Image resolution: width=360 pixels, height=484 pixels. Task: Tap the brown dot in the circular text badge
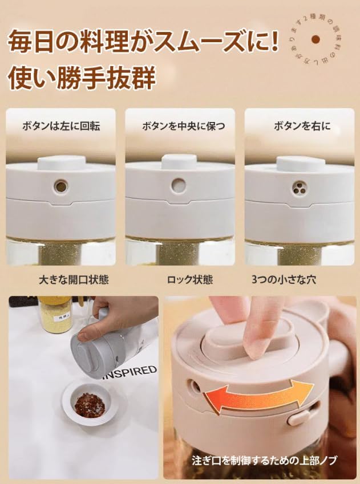tap(314, 39)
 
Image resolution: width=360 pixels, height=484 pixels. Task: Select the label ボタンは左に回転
tap(60, 127)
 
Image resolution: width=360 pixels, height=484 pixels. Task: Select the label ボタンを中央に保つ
tap(180, 127)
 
